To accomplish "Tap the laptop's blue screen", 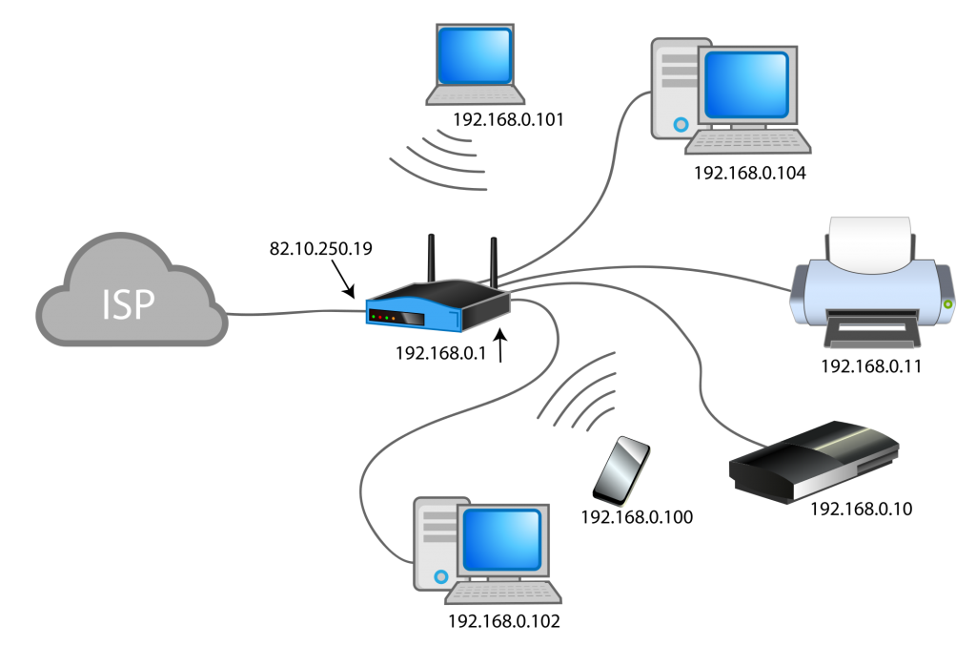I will [x=475, y=55].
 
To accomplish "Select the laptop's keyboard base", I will [x=476, y=95].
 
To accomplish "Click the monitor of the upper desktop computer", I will [x=747, y=83].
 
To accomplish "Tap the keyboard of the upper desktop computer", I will [x=748, y=141].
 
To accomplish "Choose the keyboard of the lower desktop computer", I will [x=503, y=593].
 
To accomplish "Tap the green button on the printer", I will [x=947, y=304].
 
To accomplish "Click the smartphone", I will [x=622, y=471].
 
